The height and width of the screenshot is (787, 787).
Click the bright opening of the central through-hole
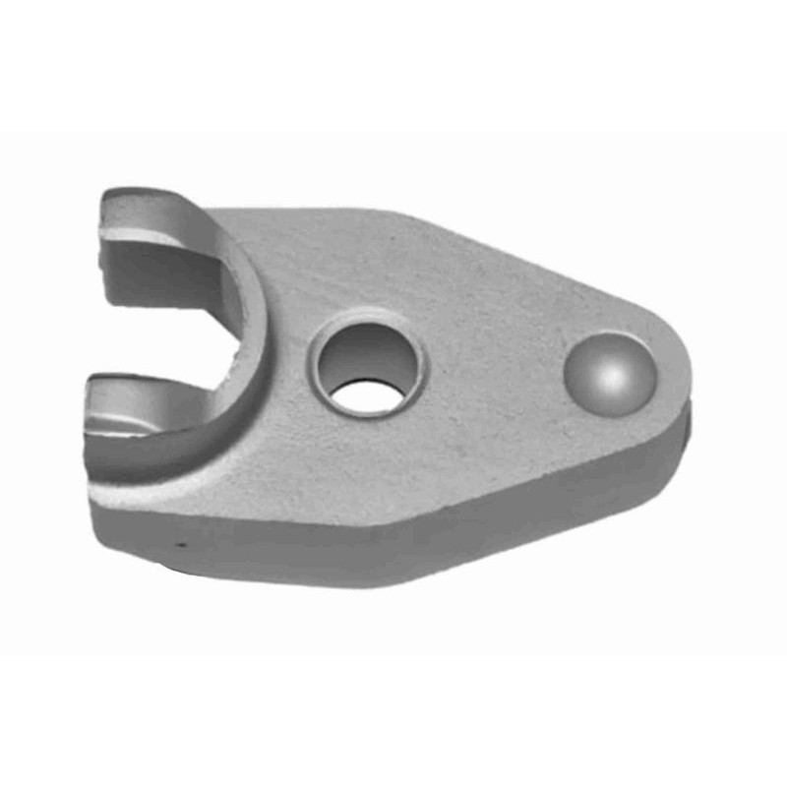tap(367, 395)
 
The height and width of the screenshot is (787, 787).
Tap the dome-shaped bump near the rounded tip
tap(610, 375)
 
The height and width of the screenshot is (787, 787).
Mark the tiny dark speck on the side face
tap(179, 542)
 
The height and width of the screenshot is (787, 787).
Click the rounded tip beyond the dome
tap(674, 374)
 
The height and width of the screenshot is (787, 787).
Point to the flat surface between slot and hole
tap(285, 295)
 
